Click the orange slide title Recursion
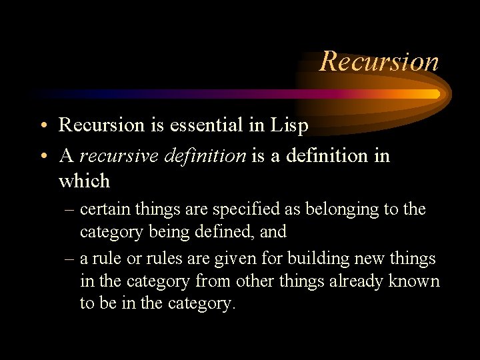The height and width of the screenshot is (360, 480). [x=379, y=61]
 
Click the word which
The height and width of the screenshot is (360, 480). [x=84, y=181]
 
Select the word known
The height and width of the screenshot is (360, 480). [x=418, y=281]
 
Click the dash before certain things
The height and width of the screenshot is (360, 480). [x=69, y=210]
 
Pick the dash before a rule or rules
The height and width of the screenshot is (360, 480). [x=69, y=259]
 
